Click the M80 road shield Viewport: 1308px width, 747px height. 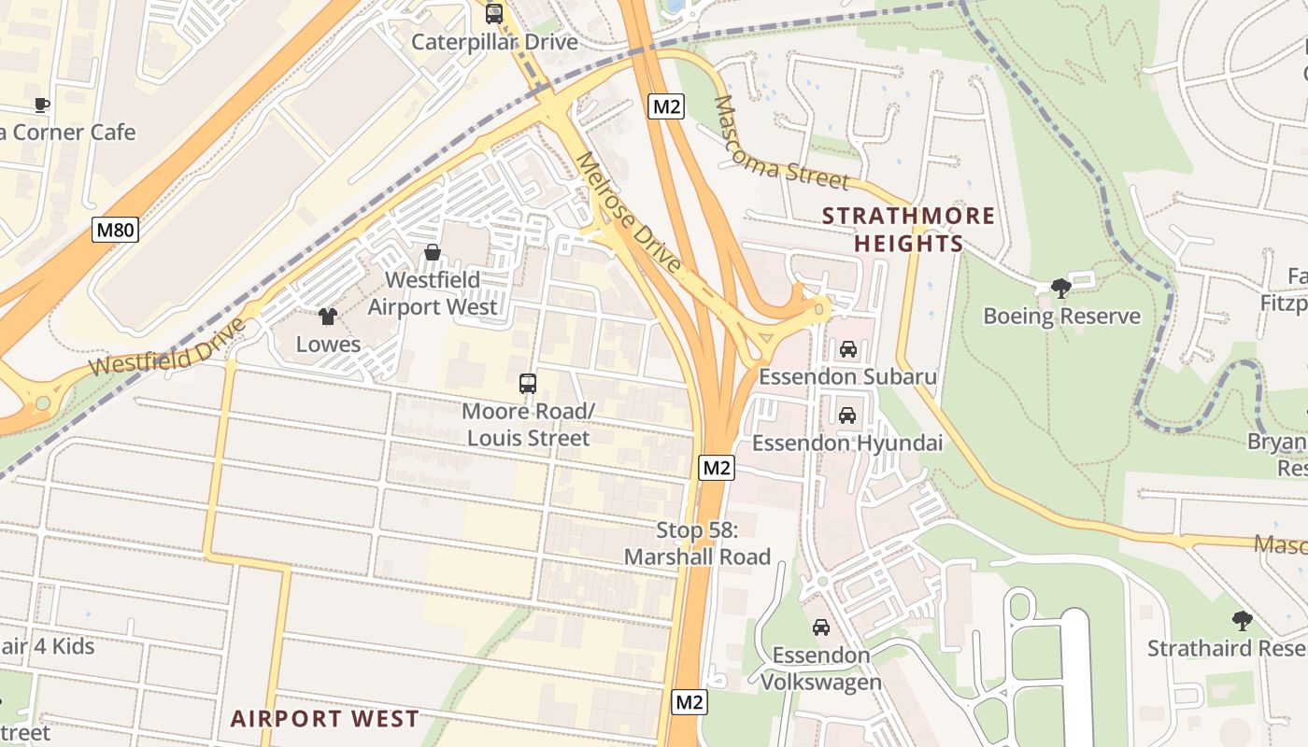click(116, 230)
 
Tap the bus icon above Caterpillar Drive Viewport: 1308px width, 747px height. click(494, 14)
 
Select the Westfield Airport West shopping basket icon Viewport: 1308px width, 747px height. click(433, 252)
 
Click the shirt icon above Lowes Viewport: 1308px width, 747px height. click(327, 317)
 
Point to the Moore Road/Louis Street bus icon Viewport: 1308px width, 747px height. click(528, 383)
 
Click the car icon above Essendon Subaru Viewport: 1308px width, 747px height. click(847, 349)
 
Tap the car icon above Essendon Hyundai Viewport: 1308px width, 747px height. click(847, 415)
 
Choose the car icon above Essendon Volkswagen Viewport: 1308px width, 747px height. click(821, 627)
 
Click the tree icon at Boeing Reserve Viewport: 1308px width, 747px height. click(1060, 289)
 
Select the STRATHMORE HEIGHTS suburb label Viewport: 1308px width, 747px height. click(908, 230)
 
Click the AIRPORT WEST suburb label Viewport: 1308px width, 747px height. click(325, 719)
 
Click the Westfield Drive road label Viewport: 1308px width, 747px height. click(170, 347)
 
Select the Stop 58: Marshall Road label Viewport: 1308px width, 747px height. click(697, 543)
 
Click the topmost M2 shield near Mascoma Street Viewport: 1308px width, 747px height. click(666, 106)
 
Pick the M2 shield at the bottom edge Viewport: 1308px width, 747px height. click(689, 702)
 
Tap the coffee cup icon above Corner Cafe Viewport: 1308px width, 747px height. click(41, 105)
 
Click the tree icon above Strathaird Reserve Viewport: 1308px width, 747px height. click(1242, 620)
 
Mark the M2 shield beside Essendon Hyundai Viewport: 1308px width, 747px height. click(716, 468)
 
